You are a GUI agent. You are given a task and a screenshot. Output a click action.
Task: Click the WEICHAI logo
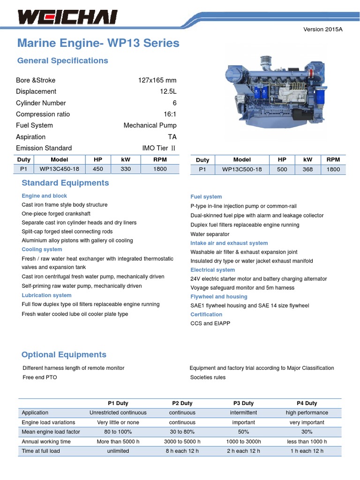pyautogui.click(x=67, y=17)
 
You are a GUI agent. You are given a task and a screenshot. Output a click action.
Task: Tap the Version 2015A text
pyautogui.click(x=323, y=29)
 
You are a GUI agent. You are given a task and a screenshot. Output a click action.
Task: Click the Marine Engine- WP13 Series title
pyautogui.click(x=98, y=43)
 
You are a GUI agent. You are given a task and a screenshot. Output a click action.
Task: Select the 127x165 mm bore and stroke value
pyautogui.click(x=157, y=80)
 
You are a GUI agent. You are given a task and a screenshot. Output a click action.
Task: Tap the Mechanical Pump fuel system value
pyautogui.click(x=150, y=125)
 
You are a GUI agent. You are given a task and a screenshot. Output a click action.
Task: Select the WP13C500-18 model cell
pyautogui.click(x=242, y=169)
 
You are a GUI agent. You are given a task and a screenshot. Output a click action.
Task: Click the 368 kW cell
pyautogui.click(x=307, y=169)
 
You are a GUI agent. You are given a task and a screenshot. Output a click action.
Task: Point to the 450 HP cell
pyautogui.click(x=98, y=169)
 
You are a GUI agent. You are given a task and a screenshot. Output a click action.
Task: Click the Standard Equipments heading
pyautogui.click(x=65, y=183)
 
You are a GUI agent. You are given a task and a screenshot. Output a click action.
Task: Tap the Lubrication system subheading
pyautogui.click(x=46, y=295)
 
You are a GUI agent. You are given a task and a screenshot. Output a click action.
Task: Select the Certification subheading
pyautogui.click(x=206, y=315)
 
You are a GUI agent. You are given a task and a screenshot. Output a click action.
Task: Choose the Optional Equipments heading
pyautogui.click(x=64, y=354)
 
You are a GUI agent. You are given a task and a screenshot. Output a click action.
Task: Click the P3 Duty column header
pyautogui.click(x=243, y=403)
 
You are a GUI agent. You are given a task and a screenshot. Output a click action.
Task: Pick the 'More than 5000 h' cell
pyautogui.click(x=118, y=442)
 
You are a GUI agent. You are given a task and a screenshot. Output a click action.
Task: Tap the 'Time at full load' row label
pyautogui.click(x=41, y=451)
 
